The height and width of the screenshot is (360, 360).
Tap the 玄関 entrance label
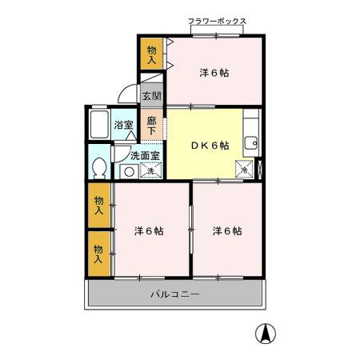[151, 96]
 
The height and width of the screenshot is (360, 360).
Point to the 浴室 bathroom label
[123, 125]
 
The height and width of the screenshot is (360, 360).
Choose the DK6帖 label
[210, 146]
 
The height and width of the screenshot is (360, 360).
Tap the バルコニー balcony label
[174, 294]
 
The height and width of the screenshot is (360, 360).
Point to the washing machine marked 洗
[150, 170]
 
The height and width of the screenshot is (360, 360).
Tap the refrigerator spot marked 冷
[243, 170]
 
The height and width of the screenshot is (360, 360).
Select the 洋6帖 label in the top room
[214, 73]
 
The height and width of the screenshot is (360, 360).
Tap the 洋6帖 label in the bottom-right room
[227, 231]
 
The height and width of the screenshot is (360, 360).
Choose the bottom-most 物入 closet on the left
[98, 254]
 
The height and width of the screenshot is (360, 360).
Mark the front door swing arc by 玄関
[128, 94]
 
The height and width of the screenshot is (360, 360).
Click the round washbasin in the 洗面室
[128, 171]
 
